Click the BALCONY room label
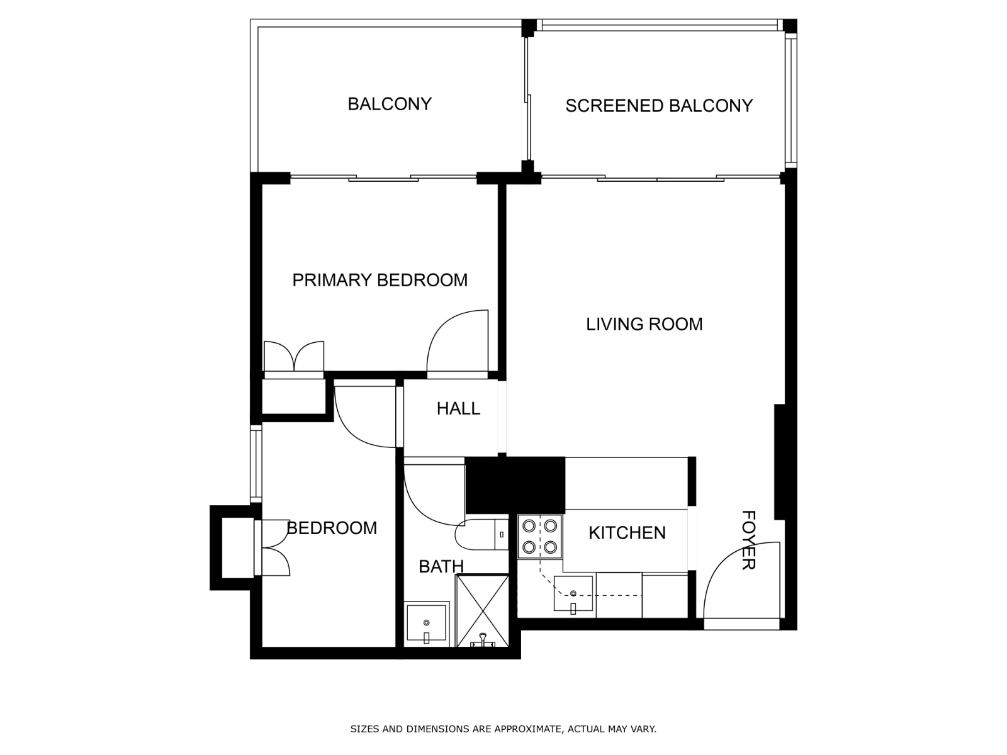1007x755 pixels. tap(390, 104)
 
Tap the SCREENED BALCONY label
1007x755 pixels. tap(658, 106)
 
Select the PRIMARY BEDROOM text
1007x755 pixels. tap(380, 280)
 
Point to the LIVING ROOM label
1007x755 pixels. tap(644, 324)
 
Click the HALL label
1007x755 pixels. tap(458, 408)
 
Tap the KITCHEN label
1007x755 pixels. tap(627, 533)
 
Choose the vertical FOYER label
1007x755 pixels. tap(748, 540)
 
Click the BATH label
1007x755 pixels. tap(441, 566)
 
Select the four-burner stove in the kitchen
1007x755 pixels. tap(540, 537)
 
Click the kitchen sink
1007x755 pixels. tap(573, 594)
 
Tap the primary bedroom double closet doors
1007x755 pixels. tap(293, 357)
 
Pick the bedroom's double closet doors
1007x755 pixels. tap(274, 547)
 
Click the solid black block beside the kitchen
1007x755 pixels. tap(515, 485)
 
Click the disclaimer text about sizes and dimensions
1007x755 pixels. tap(503, 729)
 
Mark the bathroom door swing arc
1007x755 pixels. tap(428, 497)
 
